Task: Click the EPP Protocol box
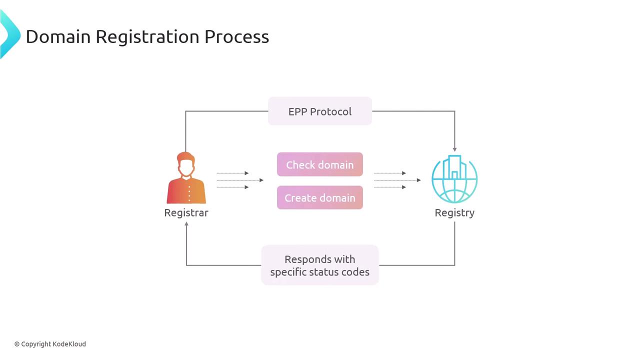pyautogui.click(x=320, y=111)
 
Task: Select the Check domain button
pyautogui.click(x=320, y=164)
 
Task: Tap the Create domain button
pyautogui.click(x=320, y=197)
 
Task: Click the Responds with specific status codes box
pyautogui.click(x=320, y=265)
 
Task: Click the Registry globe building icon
pyautogui.click(x=454, y=179)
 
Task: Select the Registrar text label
pyautogui.click(x=186, y=212)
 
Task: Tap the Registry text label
pyautogui.click(x=454, y=212)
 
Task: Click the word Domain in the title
pyautogui.click(x=58, y=36)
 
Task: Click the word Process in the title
pyautogui.click(x=236, y=36)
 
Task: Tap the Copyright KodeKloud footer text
pyautogui.click(x=50, y=344)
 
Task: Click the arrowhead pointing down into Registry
pyautogui.click(x=454, y=148)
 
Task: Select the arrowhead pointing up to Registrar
pyautogui.click(x=186, y=224)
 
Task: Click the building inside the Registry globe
pyautogui.click(x=454, y=168)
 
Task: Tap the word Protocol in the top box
pyautogui.click(x=333, y=111)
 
